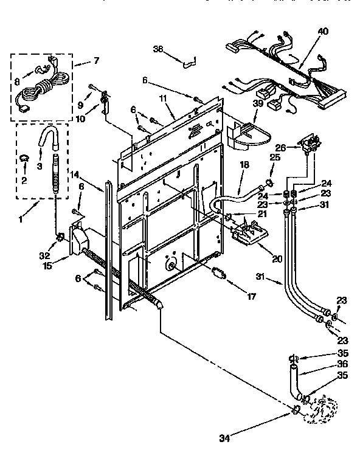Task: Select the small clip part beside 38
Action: click(190, 59)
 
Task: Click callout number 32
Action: click(44, 248)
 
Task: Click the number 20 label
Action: click(277, 258)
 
